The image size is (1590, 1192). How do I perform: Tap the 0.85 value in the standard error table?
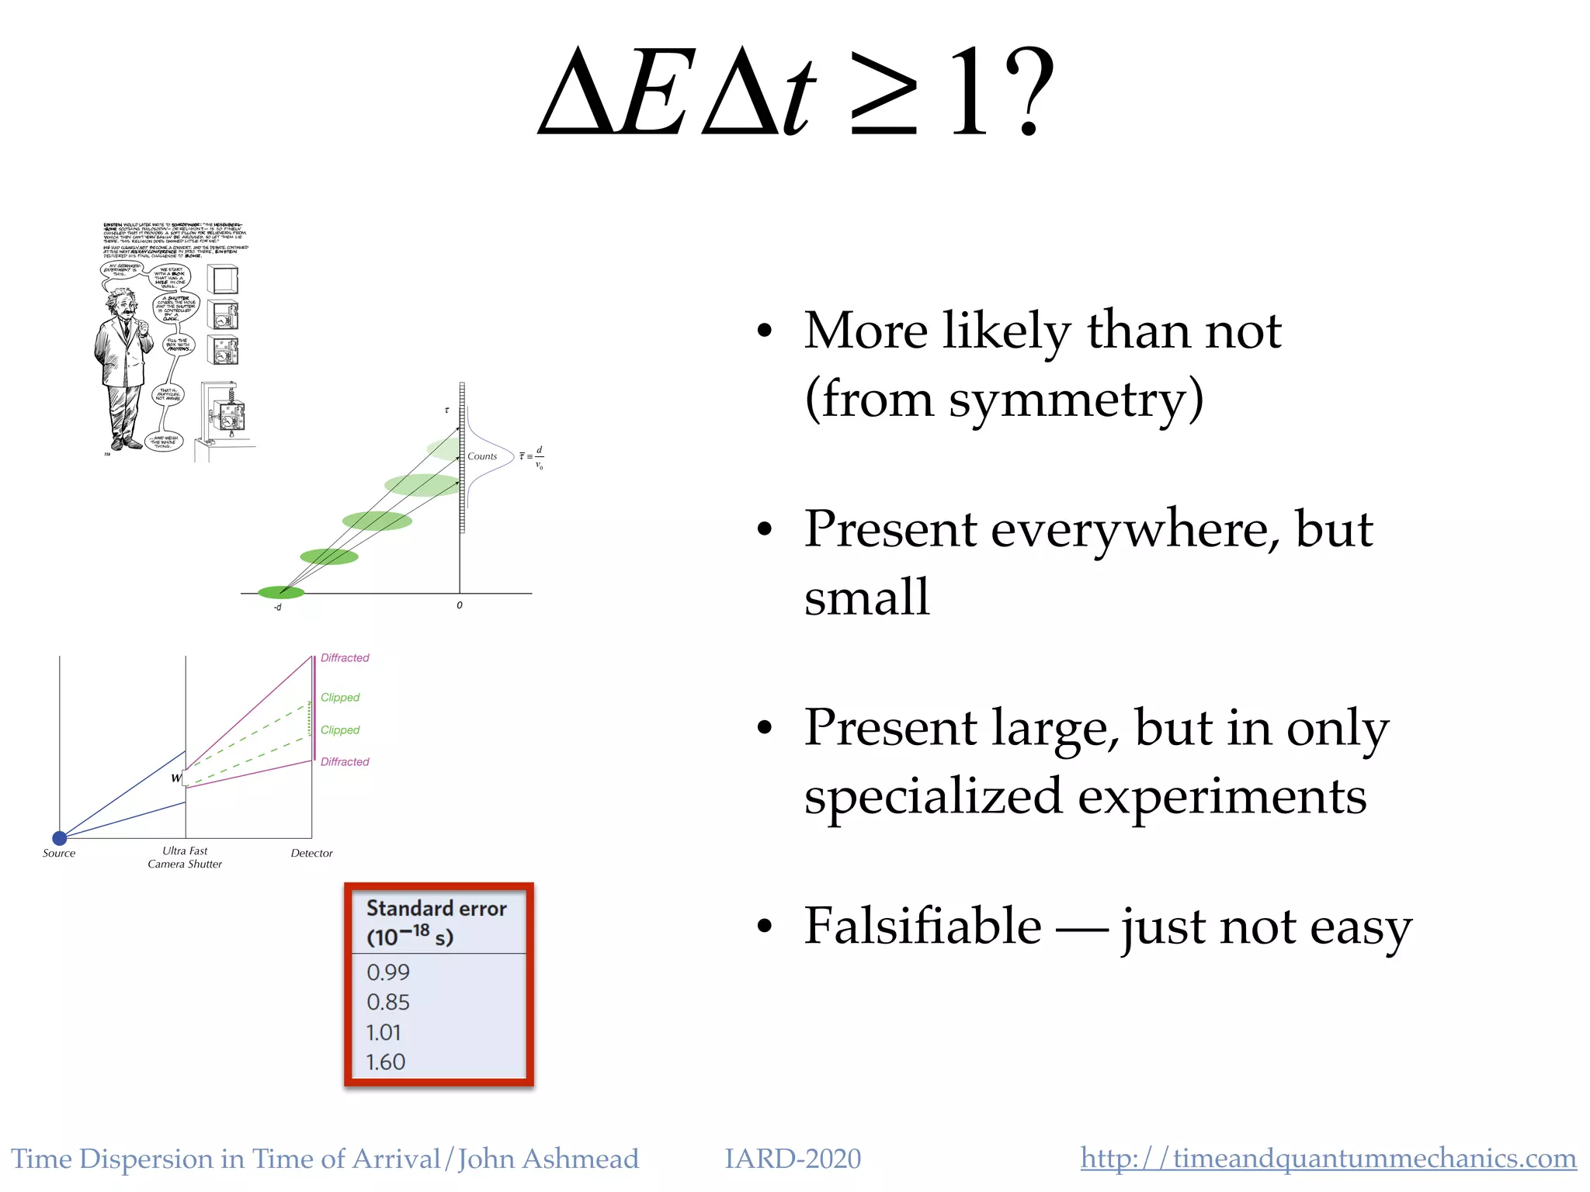(x=387, y=1002)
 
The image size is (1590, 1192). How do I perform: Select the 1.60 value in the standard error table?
(x=386, y=1062)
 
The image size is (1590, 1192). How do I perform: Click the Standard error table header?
(x=436, y=922)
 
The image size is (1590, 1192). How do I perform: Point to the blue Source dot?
(x=59, y=837)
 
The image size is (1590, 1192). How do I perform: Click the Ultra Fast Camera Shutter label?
(x=185, y=857)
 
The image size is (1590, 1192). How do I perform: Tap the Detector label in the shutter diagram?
(x=311, y=853)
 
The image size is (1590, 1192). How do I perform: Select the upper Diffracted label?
(x=345, y=657)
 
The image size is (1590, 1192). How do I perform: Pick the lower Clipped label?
(x=340, y=729)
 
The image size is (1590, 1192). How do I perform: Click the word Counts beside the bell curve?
(x=482, y=456)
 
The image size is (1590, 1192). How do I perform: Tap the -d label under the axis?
(x=277, y=607)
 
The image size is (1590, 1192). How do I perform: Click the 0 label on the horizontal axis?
(x=460, y=605)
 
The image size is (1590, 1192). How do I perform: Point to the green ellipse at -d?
(x=280, y=593)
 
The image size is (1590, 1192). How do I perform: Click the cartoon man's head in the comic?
(x=120, y=303)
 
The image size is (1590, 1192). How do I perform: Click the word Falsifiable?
(x=922, y=926)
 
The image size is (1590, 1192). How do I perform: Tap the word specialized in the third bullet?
(x=932, y=796)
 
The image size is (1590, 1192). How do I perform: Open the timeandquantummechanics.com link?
(x=1328, y=1159)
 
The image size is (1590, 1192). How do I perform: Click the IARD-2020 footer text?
(x=792, y=1159)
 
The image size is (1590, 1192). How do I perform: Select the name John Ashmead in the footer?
(x=548, y=1159)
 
